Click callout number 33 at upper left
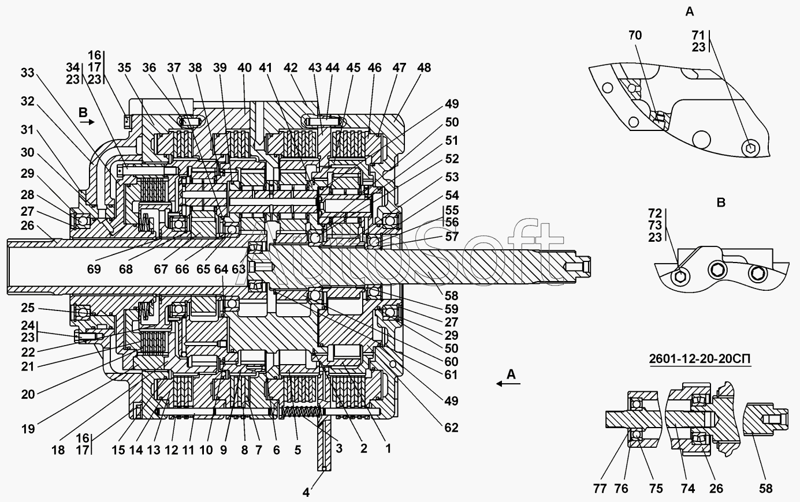(28, 73)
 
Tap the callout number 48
(424, 68)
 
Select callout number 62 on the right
(451, 427)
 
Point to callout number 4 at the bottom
(306, 492)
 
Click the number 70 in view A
(635, 35)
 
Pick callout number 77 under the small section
(600, 489)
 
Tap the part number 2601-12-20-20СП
(699, 358)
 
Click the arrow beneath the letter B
(87, 122)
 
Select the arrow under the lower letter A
(508, 384)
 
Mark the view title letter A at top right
(690, 12)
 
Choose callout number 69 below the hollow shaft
(94, 269)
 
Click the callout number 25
(28, 308)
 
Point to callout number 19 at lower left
(28, 429)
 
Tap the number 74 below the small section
(688, 489)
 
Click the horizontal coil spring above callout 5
(300, 412)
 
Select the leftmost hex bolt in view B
(680, 276)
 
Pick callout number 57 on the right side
(452, 236)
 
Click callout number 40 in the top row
(244, 68)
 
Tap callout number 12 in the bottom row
(172, 450)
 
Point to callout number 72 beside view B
(655, 213)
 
